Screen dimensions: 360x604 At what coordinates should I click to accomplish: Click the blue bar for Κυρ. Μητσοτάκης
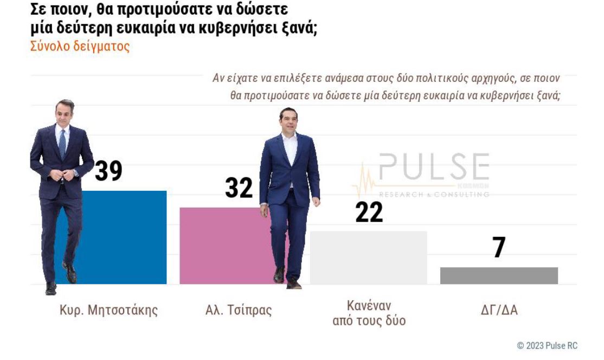click(125, 239)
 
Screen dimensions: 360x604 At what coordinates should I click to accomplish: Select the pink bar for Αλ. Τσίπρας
click(222, 247)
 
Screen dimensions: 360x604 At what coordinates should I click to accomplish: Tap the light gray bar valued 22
click(368, 258)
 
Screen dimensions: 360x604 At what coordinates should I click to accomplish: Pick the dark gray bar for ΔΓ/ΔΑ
click(499, 275)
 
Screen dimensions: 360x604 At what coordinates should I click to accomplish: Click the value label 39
click(108, 171)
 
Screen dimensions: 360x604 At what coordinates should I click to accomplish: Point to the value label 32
click(239, 188)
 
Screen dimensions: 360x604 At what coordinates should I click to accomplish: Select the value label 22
click(369, 212)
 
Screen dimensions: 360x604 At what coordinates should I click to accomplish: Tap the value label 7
click(499, 248)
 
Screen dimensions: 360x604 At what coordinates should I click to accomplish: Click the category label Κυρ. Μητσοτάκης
click(108, 311)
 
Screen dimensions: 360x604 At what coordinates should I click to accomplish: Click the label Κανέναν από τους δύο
click(369, 312)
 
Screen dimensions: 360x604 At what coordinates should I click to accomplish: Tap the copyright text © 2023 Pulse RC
click(547, 345)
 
